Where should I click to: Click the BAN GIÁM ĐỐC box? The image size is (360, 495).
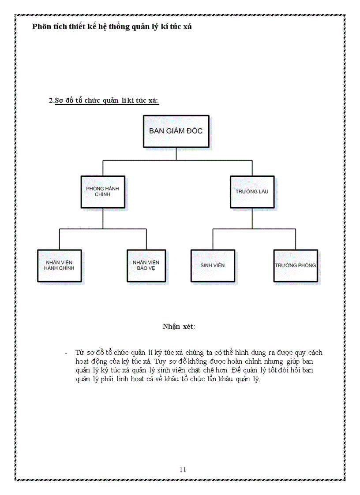[176, 131]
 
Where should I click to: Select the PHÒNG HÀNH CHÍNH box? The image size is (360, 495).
[103, 192]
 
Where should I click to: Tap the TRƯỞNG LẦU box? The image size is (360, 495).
[252, 192]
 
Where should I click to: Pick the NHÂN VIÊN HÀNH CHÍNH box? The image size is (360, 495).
[59, 265]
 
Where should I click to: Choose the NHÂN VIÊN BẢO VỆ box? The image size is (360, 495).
[146, 265]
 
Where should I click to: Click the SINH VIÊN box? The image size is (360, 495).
[213, 265]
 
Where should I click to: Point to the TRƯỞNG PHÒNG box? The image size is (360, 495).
[295, 265]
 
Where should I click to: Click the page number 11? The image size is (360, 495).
[183, 469]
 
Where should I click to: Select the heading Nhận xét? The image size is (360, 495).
[178, 327]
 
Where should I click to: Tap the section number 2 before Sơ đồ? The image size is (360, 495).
[51, 100]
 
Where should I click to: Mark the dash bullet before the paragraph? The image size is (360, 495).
[66, 353]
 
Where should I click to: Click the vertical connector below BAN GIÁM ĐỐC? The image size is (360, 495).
[176, 154]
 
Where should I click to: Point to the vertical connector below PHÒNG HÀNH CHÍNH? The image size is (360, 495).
[103, 218]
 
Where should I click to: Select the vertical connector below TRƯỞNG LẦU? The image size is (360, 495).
[252, 218]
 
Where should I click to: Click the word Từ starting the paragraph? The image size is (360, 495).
[79, 353]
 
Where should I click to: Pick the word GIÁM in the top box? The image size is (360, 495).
[176, 131]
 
